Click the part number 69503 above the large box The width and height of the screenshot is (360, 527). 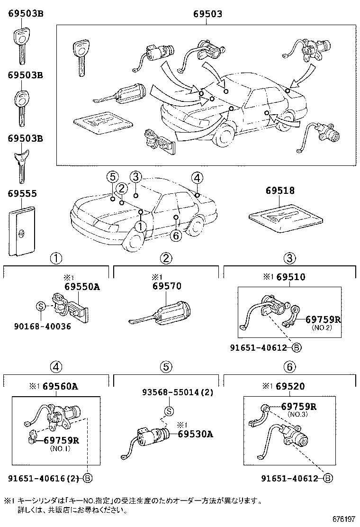coord(207,14)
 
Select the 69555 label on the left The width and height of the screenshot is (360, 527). coord(22,194)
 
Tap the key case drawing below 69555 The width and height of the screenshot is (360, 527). coord(23,231)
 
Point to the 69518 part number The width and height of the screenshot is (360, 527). coord(280,191)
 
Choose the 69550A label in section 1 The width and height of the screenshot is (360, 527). coord(82,287)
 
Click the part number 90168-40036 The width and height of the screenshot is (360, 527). coord(43,327)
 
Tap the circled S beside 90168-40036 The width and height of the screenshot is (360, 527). coord(41,306)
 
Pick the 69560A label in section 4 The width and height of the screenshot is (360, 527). coord(60,386)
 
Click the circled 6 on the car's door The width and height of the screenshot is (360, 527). coord(175,236)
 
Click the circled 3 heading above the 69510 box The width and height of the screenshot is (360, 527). coord(290,258)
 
